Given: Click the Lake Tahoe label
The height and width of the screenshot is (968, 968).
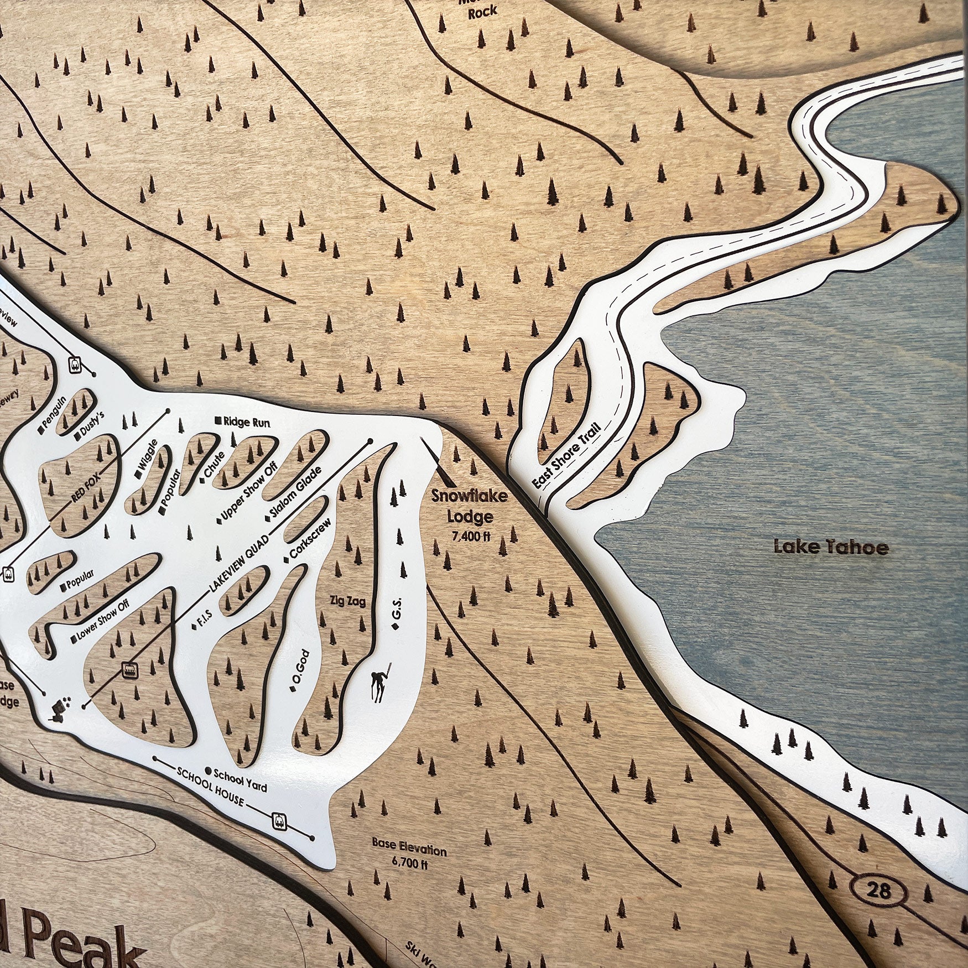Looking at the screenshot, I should click(831, 548).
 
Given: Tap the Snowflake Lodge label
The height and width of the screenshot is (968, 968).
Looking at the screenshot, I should click(470, 506).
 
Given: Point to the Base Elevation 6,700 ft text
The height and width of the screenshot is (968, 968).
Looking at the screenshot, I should click(409, 856).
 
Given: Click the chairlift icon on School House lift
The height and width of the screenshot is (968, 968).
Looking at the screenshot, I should click(280, 820).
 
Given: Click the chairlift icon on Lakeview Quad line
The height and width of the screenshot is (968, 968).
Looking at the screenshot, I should click(129, 669).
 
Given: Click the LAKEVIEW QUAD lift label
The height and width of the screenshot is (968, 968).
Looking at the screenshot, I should click(239, 562).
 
